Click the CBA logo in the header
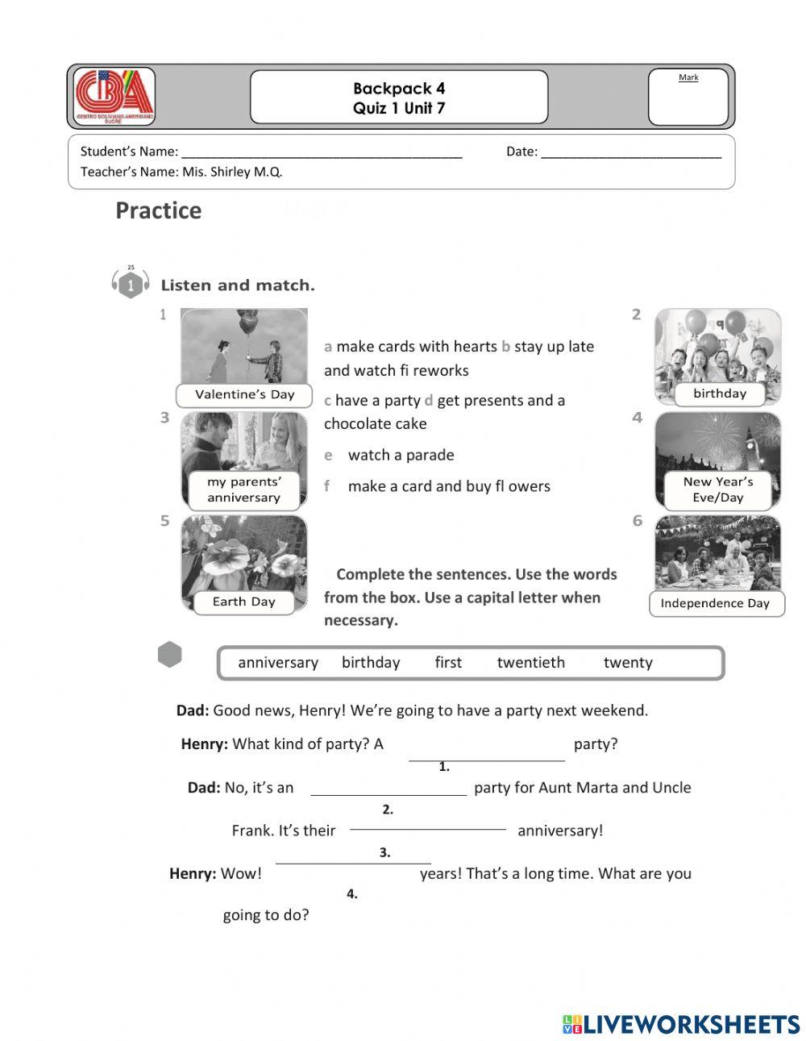[x=114, y=96]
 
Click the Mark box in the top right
[x=688, y=97]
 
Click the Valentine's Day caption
[x=244, y=395]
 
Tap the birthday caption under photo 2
[x=719, y=393]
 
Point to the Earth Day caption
[x=243, y=602]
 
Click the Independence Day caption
[x=715, y=603]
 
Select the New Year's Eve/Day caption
[x=717, y=489]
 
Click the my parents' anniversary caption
[x=243, y=489]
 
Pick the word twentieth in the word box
[x=530, y=663]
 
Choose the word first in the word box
[x=448, y=663]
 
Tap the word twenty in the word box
[x=627, y=663]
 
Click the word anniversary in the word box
[x=278, y=663]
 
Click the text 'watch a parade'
[x=401, y=456]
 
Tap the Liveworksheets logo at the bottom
[x=681, y=1024]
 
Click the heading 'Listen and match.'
[x=238, y=285]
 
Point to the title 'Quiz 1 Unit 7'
[x=398, y=108]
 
